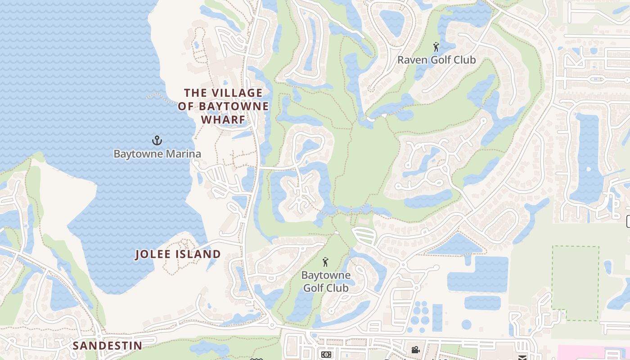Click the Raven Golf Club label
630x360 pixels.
436,60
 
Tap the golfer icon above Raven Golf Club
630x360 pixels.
436,46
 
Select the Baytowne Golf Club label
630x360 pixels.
325,281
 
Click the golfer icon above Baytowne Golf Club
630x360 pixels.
325,261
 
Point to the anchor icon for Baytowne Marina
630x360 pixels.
157,140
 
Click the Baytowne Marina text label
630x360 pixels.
157,154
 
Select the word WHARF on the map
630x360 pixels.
223,120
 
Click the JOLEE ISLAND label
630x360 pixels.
178,254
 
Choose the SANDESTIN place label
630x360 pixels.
108,346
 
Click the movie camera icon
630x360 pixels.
415,350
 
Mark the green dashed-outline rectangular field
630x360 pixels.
575,283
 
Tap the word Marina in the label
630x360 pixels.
183,154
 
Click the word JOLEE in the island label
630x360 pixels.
153,254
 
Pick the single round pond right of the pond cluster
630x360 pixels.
467,324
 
